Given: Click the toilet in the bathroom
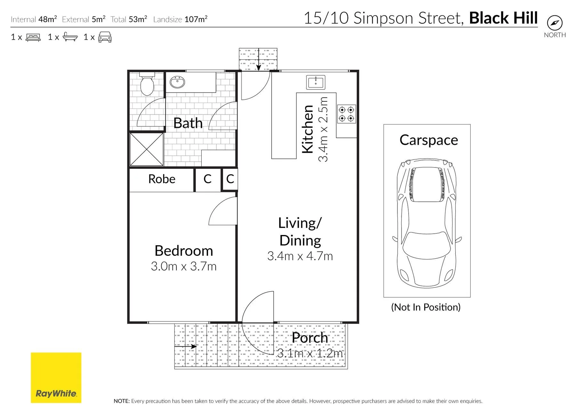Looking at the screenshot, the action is click(x=147, y=84).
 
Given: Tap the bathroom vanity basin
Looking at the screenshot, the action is click(x=177, y=82).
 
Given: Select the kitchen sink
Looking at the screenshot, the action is click(x=316, y=82).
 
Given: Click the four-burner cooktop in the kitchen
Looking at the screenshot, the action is click(x=347, y=114).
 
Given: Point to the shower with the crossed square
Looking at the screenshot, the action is click(x=147, y=150).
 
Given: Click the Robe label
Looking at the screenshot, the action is click(x=162, y=179).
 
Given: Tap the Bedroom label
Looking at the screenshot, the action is click(x=184, y=251).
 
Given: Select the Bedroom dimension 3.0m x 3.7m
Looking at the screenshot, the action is click(x=184, y=266).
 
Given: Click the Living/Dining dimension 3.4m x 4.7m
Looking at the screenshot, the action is click(x=300, y=256).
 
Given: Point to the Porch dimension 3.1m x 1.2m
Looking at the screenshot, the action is click(x=310, y=353).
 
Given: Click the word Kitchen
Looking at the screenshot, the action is click(x=308, y=129).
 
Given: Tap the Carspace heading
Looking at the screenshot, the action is click(x=429, y=140).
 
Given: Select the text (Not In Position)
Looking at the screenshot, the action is click(x=426, y=307).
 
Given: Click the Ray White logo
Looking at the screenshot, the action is click(x=56, y=378).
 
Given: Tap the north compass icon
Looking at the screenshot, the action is click(x=555, y=23).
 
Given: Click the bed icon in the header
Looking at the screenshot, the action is click(x=33, y=37).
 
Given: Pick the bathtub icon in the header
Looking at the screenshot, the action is click(x=70, y=37).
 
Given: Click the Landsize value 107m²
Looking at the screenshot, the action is click(x=196, y=19).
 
